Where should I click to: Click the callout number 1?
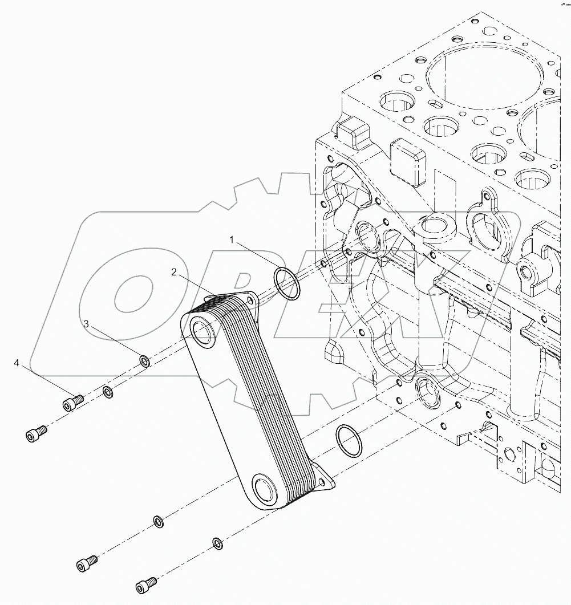point(232,239)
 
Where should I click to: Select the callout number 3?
point(86,324)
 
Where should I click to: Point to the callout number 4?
point(17,363)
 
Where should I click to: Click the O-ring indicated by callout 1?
point(287,283)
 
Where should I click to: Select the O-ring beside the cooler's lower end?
point(349,440)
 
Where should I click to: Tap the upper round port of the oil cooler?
point(203,331)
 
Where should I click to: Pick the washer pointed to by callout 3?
point(145,361)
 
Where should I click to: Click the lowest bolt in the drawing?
point(147,585)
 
